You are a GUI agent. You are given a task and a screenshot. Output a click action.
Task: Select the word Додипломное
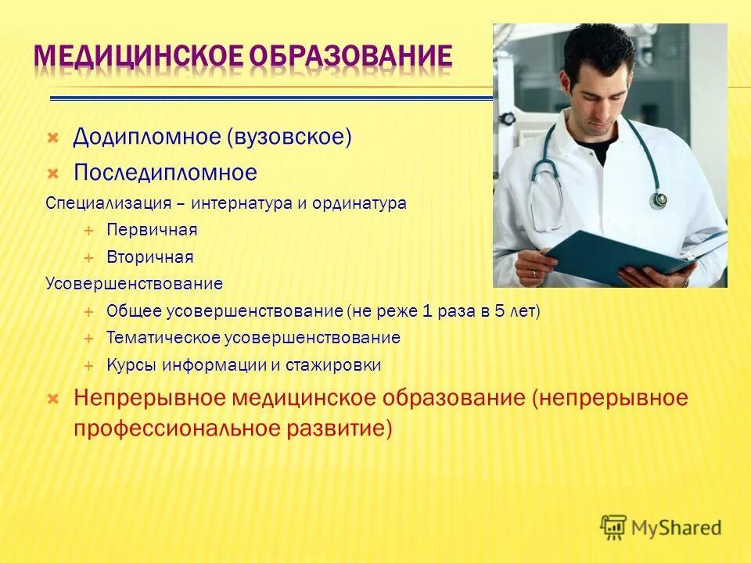tap(146, 137)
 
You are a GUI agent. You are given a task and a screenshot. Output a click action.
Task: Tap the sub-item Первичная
tap(152, 230)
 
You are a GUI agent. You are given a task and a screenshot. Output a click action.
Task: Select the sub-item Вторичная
tap(149, 256)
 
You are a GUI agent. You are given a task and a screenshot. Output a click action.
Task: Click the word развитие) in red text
tap(350, 429)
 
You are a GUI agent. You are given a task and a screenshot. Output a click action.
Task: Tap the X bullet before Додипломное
tap(52, 138)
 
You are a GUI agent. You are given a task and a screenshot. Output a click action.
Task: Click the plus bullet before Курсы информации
tap(89, 365)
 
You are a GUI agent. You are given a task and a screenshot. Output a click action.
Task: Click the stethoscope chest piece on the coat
tap(659, 199)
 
